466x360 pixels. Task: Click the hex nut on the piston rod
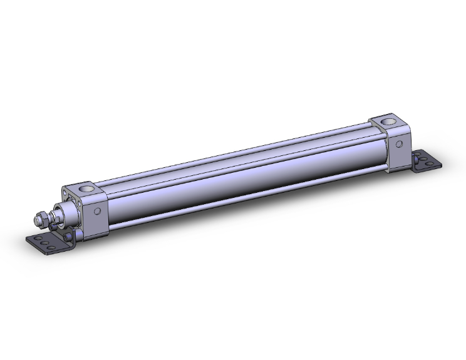click(41, 219)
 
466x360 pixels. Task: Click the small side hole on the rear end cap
click(398, 144)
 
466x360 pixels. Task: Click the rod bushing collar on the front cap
click(63, 210)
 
